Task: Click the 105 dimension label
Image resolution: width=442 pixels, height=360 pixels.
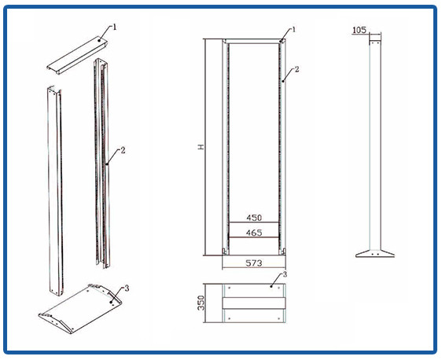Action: (359, 30)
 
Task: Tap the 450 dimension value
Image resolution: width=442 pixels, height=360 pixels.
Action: (254, 218)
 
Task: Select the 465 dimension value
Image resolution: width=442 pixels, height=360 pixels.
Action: (254, 233)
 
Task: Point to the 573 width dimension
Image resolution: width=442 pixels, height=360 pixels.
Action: (254, 263)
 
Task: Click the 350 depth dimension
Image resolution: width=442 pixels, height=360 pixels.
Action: (201, 303)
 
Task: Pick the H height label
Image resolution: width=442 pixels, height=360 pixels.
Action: (201, 147)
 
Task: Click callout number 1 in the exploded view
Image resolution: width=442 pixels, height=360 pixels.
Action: (115, 27)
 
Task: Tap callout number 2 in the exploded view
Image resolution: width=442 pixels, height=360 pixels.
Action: (123, 150)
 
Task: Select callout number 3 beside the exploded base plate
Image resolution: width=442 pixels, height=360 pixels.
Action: (127, 288)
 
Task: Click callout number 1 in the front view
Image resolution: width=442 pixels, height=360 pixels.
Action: (293, 29)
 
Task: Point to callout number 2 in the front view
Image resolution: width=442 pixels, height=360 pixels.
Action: (297, 69)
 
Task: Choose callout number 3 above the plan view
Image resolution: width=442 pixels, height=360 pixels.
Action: (285, 274)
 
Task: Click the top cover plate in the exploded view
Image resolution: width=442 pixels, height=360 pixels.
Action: (77, 55)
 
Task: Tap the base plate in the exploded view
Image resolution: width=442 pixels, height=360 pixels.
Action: (80, 308)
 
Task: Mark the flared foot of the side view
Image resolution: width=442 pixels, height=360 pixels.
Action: (375, 253)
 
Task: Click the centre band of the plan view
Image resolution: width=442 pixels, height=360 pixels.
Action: (254, 303)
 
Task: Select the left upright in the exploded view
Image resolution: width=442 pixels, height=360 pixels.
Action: (55, 191)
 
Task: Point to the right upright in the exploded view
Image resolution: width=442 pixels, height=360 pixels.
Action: (101, 163)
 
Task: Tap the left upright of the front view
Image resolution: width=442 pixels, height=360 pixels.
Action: (226, 147)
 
